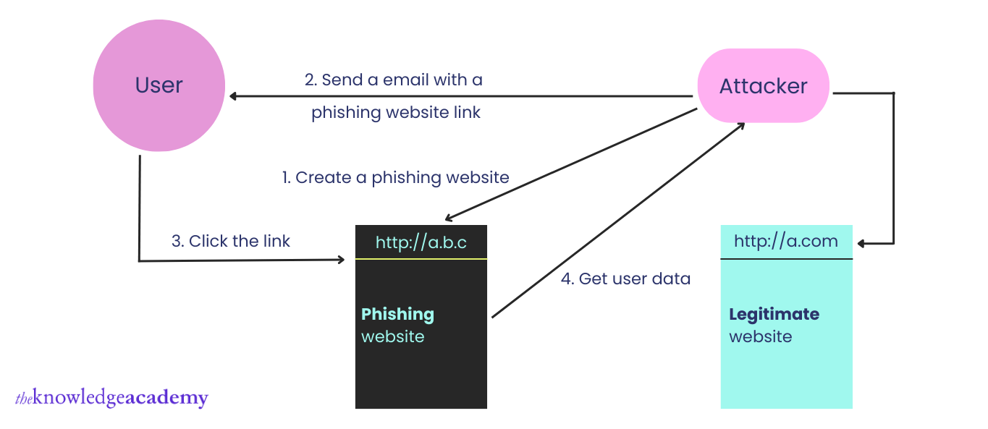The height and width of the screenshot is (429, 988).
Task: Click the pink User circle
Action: pyautogui.click(x=159, y=85)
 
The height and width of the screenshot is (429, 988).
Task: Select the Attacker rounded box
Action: pyautogui.click(x=763, y=86)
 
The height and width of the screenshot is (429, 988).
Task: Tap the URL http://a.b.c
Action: pyautogui.click(x=421, y=242)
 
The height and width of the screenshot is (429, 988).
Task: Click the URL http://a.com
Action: pyautogui.click(x=786, y=241)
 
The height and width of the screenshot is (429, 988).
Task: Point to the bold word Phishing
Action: pyautogui.click(x=397, y=314)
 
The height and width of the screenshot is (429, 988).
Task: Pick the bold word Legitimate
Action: pyautogui.click(x=774, y=314)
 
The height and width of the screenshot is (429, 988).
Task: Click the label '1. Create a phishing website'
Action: pyautogui.click(x=395, y=177)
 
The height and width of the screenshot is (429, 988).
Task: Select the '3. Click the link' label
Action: pyautogui.click(x=231, y=241)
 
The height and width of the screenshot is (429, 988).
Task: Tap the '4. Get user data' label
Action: pyautogui.click(x=625, y=279)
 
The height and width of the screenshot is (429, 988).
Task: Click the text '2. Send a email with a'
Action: pyautogui.click(x=393, y=80)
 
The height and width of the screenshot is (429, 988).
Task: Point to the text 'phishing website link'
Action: pyautogui.click(x=396, y=113)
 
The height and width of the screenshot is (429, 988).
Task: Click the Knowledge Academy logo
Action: pyautogui.click(x=111, y=398)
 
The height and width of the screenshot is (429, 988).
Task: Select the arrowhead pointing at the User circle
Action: pyautogui.click(x=233, y=95)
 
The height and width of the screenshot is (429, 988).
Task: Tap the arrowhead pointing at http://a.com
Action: pyautogui.click(x=861, y=244)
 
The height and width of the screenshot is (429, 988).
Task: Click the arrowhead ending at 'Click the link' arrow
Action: pyautogui.click(x=341, y=259)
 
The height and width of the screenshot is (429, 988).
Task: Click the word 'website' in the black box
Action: pyautogui.click(x=392, y=336)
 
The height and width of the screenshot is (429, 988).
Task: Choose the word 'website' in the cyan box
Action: pyautogui.click(x=760, y=336)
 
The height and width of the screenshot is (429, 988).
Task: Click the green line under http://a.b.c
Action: pyautogui.click(x=421, y=258)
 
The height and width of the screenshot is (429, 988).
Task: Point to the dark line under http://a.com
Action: pyautogui.click(x=786, y=258)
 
